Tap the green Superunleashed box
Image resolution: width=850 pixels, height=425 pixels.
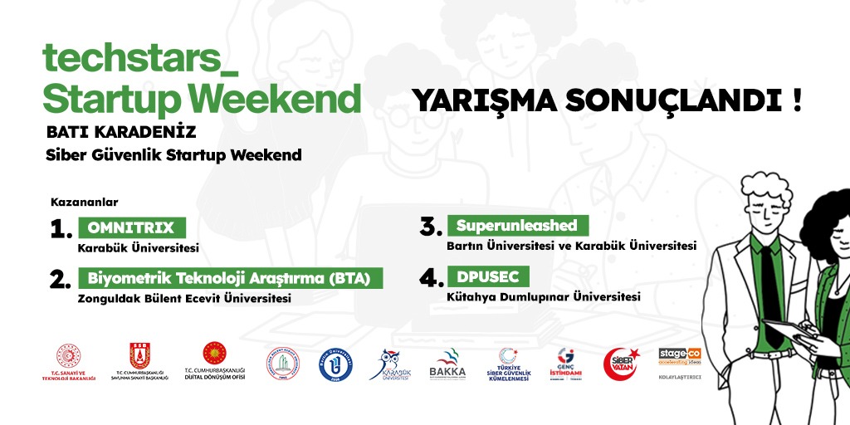pos(516,226)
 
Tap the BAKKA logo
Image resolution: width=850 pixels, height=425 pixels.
pos(447,364)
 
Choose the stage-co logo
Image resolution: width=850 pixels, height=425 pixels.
pos(679,357)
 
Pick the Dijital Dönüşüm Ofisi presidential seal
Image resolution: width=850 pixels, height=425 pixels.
pos(215,359)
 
